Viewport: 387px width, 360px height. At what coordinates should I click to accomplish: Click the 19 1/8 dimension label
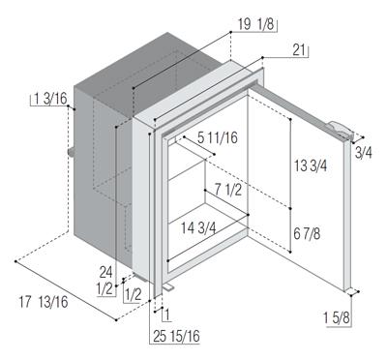[x=255, y=25]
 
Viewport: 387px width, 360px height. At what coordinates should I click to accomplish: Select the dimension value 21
[x=300, y=50]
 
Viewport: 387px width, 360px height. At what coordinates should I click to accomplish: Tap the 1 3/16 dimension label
[x=50, y=99]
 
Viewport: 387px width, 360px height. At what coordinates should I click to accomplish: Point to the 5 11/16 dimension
[x=218, y=137]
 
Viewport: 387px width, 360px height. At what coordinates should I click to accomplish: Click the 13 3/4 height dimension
[x=311, y=165]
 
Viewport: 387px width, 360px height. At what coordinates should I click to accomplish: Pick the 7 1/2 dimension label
[x=228, y=190]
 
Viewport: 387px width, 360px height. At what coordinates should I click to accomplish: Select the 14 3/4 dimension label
[x=198, y=228]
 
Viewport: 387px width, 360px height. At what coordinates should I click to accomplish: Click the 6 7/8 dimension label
[x=307, y=233]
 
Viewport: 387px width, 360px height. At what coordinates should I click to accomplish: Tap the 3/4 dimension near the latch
[x=364, y=153]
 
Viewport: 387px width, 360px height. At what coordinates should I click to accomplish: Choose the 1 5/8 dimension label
[x=337, y=318]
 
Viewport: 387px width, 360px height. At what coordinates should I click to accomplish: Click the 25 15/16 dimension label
[x=176, y=337]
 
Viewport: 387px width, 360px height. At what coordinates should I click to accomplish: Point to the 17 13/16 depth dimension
[x=44, y=302]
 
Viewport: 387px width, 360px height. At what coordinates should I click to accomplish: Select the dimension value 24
[x=105, y=273]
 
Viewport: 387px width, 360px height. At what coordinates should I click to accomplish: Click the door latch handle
[x=341, y=130]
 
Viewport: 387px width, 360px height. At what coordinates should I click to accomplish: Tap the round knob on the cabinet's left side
[x=71, y=152]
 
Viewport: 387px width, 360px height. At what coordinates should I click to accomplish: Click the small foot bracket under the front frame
[x=168, y=287]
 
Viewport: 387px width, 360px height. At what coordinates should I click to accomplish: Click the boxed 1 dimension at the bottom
[x=167, y=315]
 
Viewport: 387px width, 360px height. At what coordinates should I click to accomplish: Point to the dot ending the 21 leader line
[x=262, y=57]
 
